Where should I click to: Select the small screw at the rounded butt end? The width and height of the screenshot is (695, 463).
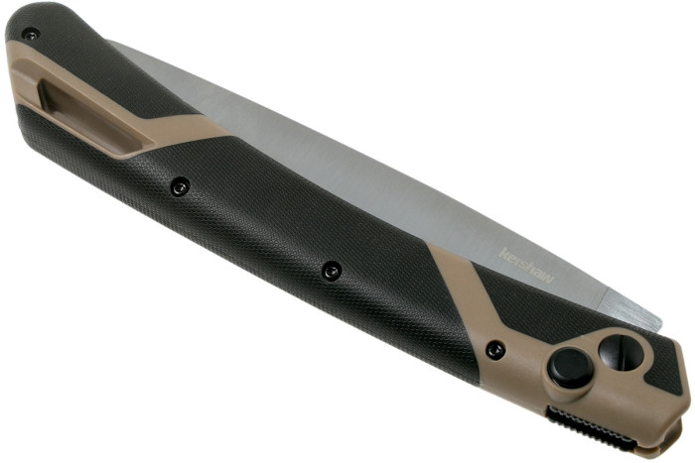tap(31, 34)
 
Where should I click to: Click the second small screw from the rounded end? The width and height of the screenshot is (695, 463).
tap(180, 184)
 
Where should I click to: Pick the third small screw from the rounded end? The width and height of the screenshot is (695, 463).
tap(332, 270)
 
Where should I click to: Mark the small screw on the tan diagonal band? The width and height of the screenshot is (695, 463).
tap(493, 350)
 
